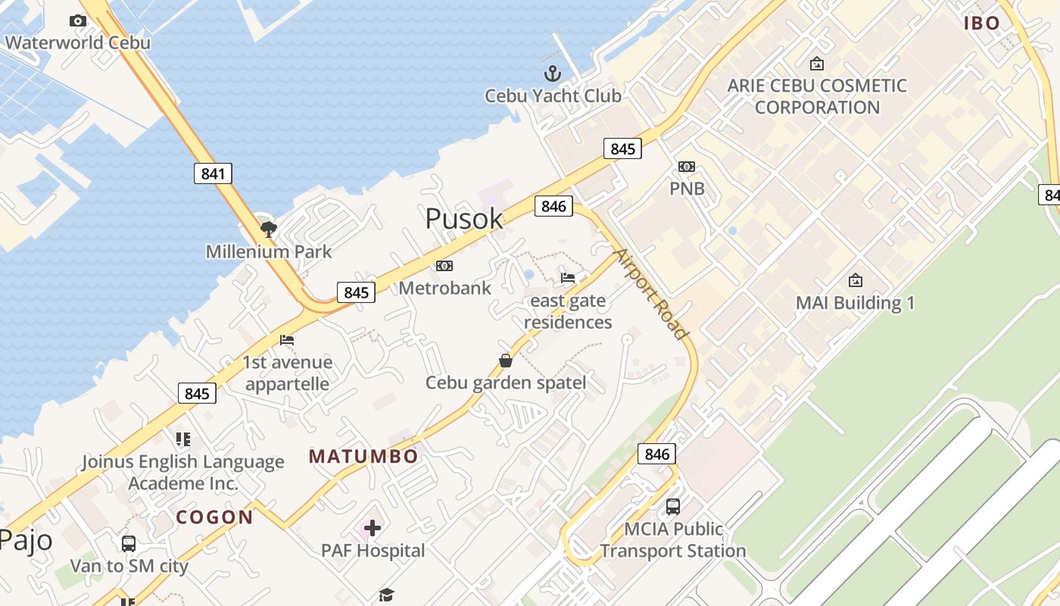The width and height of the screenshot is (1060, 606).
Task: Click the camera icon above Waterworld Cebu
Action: (77, 20)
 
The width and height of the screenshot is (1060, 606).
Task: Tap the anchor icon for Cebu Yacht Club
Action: (553, 73)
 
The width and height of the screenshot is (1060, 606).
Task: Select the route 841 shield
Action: (213, 173)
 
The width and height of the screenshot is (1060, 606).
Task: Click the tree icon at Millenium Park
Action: (268, 229)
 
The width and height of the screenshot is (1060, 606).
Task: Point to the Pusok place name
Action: (463, 219)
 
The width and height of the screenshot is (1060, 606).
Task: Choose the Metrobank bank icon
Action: (444, 265)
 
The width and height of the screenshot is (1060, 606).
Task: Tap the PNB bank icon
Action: (687, 167)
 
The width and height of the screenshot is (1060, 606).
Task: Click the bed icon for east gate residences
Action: (568, 277)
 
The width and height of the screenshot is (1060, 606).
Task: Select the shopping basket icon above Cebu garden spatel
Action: (505, 360)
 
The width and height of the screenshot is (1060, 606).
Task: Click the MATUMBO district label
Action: (363, 457)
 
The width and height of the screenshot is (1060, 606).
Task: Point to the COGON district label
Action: (214, 517)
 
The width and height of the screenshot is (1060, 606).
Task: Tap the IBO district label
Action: (982, 23)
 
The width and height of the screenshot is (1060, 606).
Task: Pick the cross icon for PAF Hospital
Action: (372, 528)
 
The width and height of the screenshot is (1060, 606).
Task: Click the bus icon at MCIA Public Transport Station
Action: (672, 506)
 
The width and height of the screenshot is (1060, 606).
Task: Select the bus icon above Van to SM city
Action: (129, 543)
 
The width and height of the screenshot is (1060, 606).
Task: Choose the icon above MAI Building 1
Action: (855, 280)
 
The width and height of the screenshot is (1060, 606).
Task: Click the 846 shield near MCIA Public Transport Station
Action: (656, 454)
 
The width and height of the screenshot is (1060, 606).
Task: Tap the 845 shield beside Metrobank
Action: (356, 292)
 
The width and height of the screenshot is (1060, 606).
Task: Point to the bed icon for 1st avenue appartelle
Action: (286, 340)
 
